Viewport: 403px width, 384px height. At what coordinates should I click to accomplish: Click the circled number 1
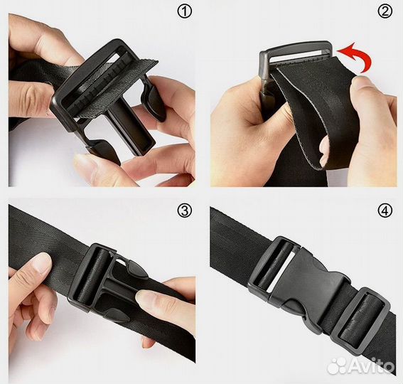[184, 11]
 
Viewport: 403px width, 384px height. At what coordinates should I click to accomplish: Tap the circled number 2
[385, 11]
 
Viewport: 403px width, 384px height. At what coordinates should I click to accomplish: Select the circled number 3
[184, 210]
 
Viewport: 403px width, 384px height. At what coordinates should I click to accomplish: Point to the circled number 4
[385, 210]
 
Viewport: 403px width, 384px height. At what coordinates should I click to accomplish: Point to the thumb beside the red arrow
[364, 87]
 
